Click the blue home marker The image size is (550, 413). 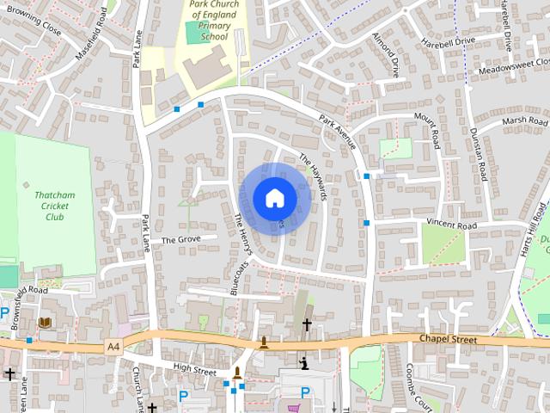pos(274,197)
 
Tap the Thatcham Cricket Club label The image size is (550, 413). pos(55,206)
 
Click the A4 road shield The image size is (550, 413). pos(112,346)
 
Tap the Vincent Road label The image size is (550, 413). pos(451,225)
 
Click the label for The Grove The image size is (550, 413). pos(180,239)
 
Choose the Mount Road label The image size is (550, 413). pos(427,129)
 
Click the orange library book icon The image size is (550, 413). pos(45,322)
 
